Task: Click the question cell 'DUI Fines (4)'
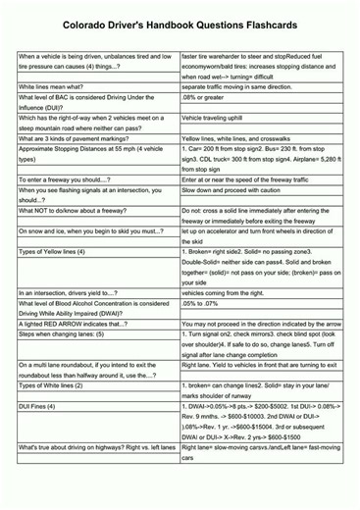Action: point(37,405)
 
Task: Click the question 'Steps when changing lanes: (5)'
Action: point(60,333)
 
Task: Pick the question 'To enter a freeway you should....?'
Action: point(65,179)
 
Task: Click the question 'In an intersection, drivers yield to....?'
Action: point(69,292)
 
